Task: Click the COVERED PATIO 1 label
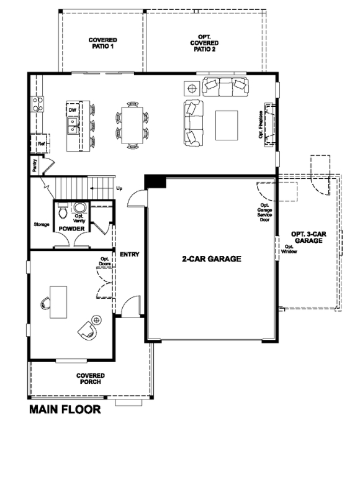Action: click(x=102, y=42)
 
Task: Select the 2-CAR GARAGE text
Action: click(x=211, y=258)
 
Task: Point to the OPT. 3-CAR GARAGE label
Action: click(x=308, y=237)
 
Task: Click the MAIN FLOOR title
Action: click(x=65, y=410)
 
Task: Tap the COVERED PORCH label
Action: click(x=91, y=378)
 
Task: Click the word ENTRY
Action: click(x=130, y=253)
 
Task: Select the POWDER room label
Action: click(x=72, y=229)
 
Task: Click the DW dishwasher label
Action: click(x=73, y=109)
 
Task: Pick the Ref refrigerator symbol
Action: click(x=41, y=144)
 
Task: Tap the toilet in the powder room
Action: click(x=61, y=213)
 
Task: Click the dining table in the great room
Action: click(x=132, y=124)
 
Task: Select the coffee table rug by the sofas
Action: click(x=227, y=124)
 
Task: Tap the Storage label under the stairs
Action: click(x=41, y=224)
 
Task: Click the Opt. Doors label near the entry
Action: click(x=106, y=262)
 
